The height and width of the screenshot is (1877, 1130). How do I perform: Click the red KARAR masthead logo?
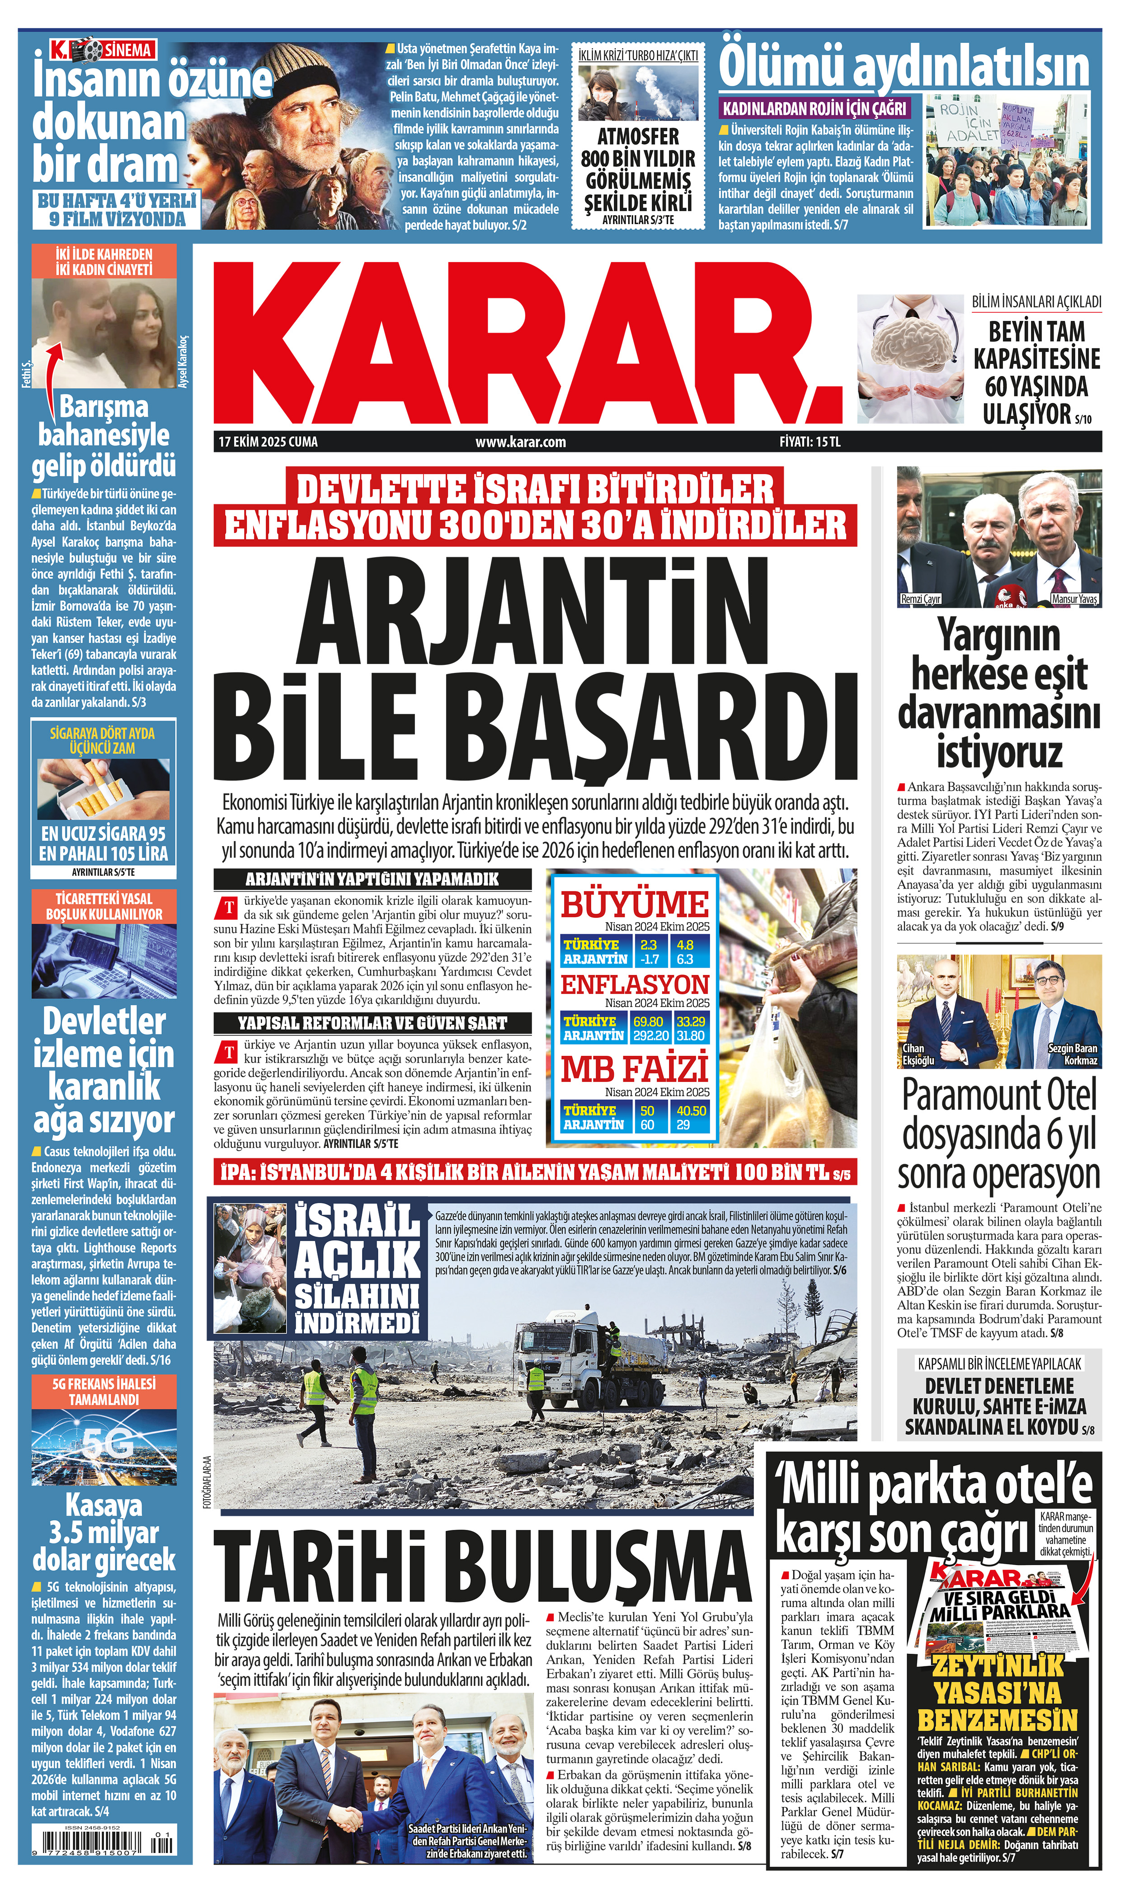click(x=525, y=343)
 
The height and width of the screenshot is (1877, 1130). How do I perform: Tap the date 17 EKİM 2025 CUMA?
click(x=268, y=442)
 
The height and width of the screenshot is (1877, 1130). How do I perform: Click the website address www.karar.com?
click(x=520, y=442)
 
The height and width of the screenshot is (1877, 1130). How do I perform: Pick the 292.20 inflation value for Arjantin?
click(x=650, y=1036)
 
